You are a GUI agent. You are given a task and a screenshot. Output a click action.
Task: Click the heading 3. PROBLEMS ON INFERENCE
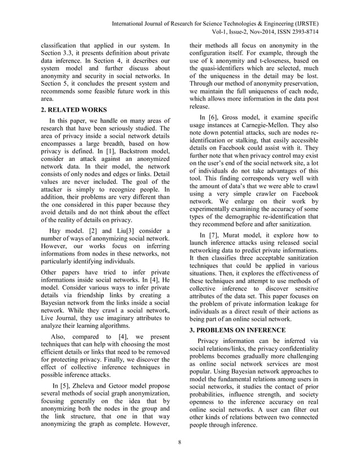(240, 329)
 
